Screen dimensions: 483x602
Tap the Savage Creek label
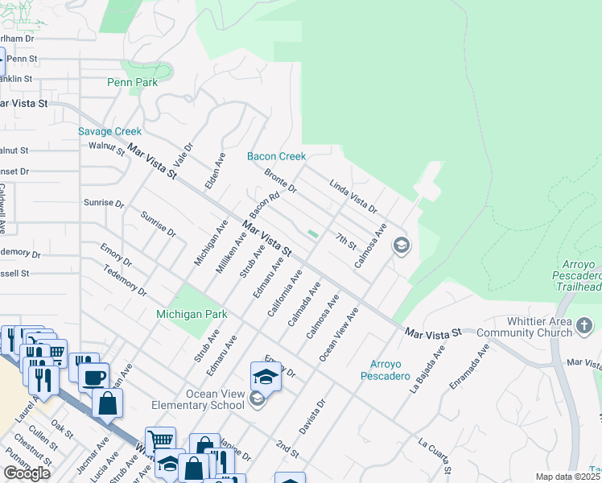109,131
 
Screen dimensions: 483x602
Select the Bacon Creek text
276,156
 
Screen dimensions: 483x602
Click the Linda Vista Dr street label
353,197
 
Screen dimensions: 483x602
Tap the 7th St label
346,241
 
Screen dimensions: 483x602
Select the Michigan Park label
192,314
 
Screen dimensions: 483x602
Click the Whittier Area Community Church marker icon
585,326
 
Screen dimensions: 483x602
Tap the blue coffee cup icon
94,376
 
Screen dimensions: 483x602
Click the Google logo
27,473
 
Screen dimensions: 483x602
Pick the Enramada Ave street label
469,367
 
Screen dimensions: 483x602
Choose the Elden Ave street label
214,172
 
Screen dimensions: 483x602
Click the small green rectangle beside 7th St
312,234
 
